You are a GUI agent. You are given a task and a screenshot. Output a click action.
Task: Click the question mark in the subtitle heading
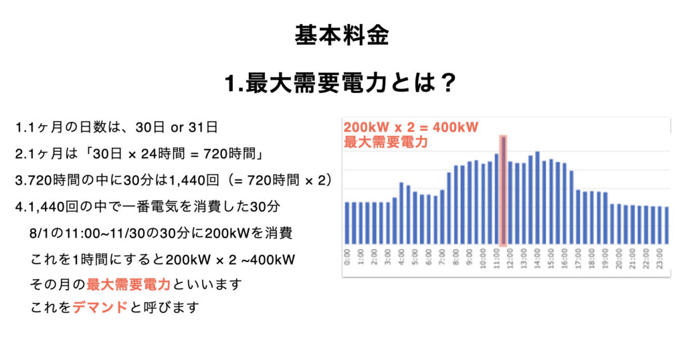coord(450,84)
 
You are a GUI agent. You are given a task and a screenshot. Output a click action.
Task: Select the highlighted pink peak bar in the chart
coord(503,191)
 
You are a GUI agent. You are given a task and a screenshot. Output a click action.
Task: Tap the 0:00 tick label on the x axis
coord(347,258)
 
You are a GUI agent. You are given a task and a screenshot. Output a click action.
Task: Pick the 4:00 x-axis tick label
coord(401,258)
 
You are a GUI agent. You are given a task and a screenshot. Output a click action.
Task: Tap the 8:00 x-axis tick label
coord(456,258)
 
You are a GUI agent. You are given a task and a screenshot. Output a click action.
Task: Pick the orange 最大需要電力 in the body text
coord(128,284)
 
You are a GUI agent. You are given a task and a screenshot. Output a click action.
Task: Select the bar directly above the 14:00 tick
coord(537,198)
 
